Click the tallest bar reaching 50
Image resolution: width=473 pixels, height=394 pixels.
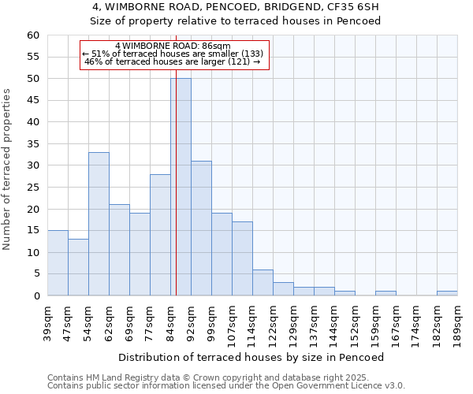(181, 187)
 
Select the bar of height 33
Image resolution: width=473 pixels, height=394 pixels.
(99, 224)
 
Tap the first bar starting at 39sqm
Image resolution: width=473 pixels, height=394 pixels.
(58, 262)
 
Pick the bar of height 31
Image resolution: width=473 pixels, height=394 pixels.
(201, 229)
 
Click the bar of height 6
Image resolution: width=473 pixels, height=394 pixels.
(263, 282)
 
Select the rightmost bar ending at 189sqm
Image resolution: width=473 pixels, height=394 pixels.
(447, 293)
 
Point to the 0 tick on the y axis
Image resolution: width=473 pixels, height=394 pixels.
(36, 296)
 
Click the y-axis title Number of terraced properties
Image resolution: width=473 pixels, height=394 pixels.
(8, 169)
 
